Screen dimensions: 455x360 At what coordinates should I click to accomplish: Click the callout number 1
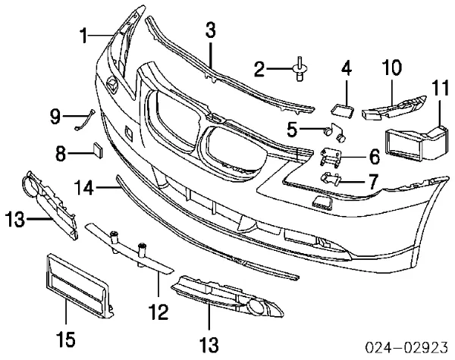click(x=84, y=36)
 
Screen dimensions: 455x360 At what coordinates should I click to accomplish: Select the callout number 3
click(x=211, y=31)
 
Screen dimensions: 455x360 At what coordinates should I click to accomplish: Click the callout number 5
click(x=292, y=129)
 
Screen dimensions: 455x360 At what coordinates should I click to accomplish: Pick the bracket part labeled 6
click(x=331, y=158)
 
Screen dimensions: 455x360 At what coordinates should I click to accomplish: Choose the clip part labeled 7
click(x=330, y=179)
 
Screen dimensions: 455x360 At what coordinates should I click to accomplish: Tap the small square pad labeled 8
click(x=98, y=150)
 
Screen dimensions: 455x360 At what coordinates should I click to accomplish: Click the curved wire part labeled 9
click(x=86, y=120)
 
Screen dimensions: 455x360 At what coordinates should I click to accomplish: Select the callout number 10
click(x=392, y=67)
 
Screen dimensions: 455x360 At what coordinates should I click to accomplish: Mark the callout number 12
click(x=158, y=311)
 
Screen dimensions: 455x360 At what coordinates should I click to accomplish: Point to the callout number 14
click(x=84, y=187)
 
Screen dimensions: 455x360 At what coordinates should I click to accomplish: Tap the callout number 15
click(x=66, y=339)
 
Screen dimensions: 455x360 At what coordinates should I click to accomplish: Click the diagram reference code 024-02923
click(x=406, y=347)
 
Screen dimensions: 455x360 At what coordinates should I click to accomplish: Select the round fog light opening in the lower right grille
click(x=255, y=308)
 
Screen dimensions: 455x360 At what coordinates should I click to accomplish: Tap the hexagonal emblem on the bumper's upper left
click(x=112, y=83)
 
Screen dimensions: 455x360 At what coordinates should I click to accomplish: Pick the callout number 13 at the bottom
click(x=209, y=344)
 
